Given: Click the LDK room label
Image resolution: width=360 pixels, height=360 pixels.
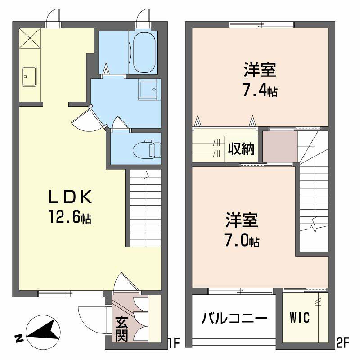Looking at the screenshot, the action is (x=70, y=197).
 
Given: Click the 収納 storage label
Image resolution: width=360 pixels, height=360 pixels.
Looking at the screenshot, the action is (x=241, y=149).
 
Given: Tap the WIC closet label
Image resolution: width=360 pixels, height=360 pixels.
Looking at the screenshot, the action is (x=300, y=318).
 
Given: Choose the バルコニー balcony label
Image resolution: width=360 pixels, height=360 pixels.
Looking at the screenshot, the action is (x=234, y=319).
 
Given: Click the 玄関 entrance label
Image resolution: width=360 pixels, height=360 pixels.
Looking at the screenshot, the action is (x=121, y=329).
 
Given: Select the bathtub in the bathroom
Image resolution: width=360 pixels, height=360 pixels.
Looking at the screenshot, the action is (x=144, y=53).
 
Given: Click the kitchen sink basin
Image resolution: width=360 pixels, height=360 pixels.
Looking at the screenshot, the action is (x=29, y=76).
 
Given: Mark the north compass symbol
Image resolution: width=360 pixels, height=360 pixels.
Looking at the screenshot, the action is (x=43, y=332).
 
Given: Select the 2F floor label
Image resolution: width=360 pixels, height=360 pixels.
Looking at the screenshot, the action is (x=342, y=343).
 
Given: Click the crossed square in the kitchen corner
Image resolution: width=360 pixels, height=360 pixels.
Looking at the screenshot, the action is (x=30, y=38).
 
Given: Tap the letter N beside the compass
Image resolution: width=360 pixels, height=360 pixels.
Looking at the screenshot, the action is (x=19, y=339).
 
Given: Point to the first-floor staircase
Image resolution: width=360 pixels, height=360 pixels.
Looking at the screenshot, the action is (x=145, y=208).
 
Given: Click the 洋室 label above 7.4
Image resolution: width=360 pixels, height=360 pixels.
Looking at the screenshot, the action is (x=260, y=69).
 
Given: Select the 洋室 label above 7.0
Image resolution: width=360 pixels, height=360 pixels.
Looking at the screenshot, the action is (x=242, y=220).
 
